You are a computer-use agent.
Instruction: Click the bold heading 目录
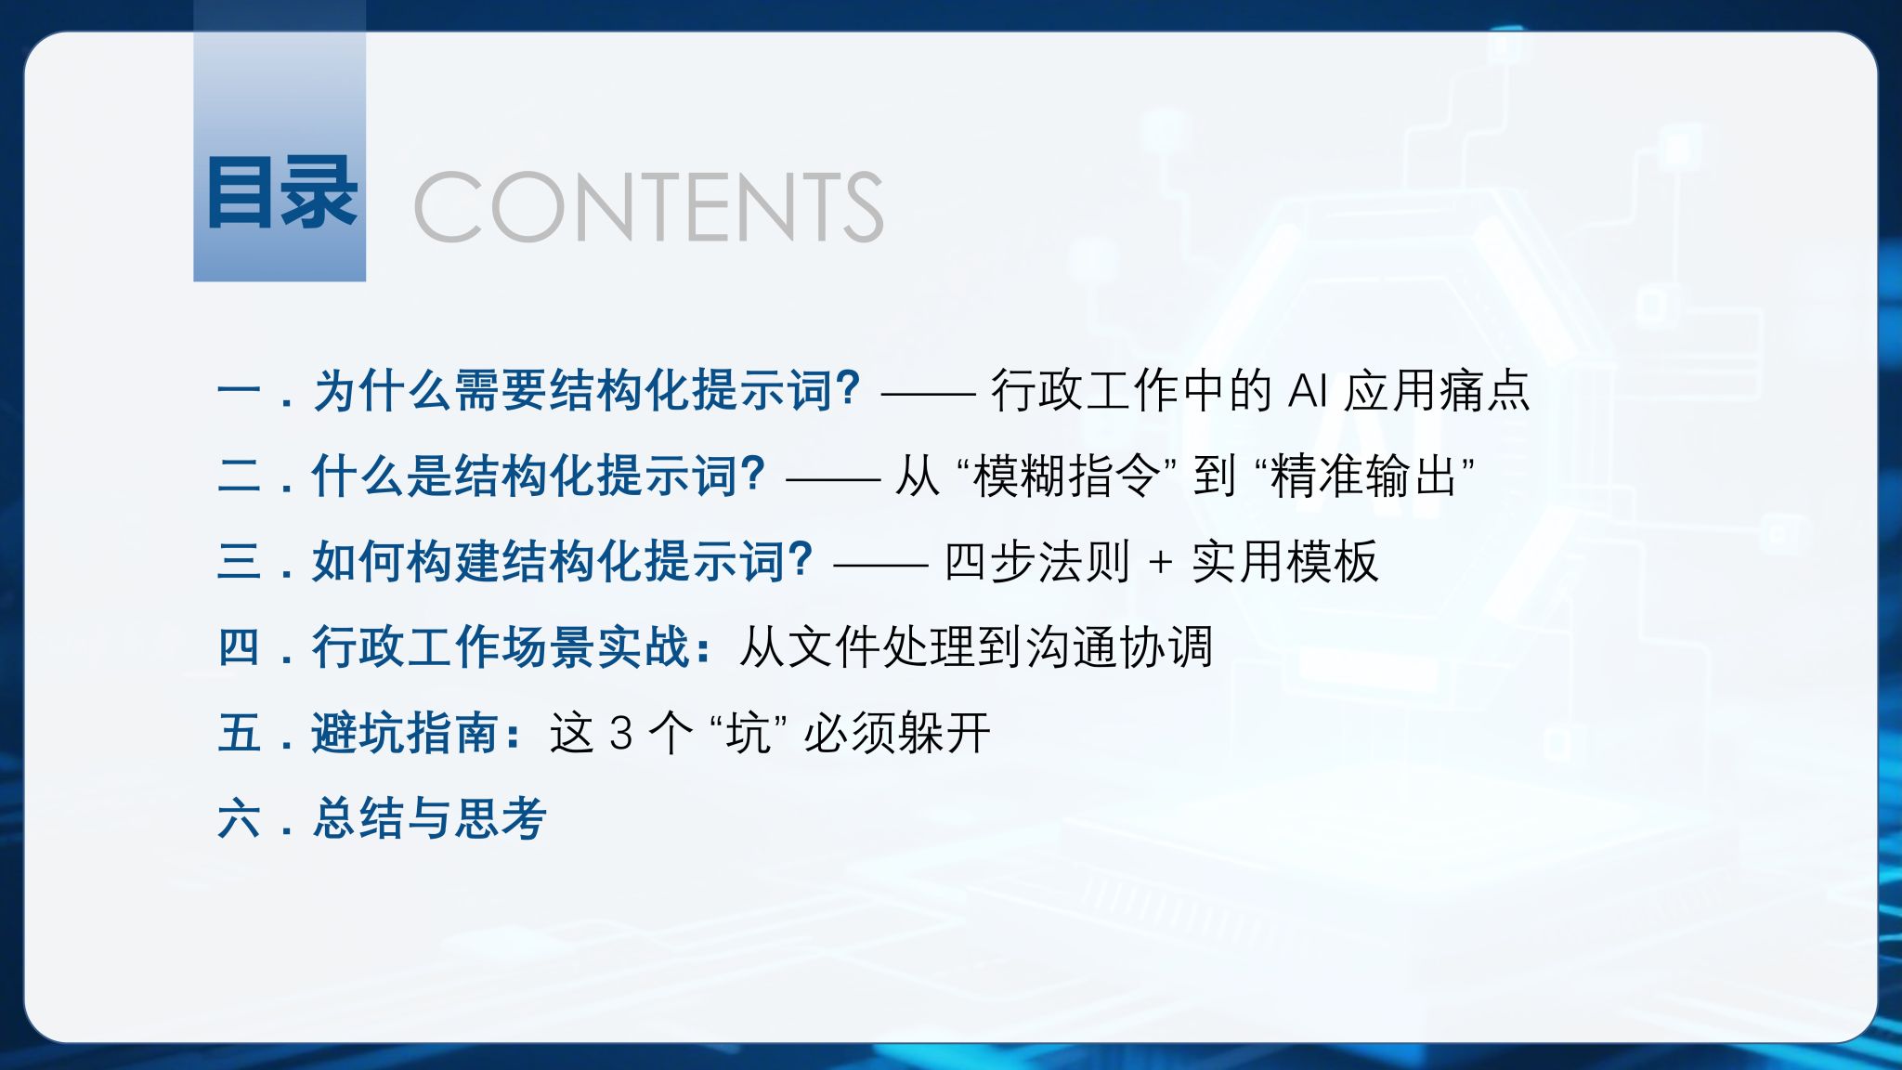(281, 192)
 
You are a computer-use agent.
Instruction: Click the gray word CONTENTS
(648, 206)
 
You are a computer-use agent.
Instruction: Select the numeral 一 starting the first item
(240, 391)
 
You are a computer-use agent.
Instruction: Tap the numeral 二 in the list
(240, 475)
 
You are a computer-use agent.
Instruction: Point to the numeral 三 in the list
(240, 561)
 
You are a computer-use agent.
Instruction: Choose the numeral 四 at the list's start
(240, 646)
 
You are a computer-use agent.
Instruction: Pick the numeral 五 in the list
(240, 732)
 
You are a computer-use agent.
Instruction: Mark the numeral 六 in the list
(240, 818)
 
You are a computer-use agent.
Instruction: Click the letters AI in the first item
(1308, 391)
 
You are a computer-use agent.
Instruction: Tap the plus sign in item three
(1160, 563)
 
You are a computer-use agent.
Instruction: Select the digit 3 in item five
(621, 734)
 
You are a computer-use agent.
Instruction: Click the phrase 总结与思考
(429, 818)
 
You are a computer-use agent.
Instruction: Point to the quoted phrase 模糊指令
(1066, 476)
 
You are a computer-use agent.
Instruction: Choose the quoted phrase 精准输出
(1363, 476)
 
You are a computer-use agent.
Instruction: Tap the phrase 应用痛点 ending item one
(1438, 390)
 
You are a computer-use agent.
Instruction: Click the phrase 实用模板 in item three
(1285, 561)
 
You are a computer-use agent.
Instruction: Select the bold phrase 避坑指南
(405, 733)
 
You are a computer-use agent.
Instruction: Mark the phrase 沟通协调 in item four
(1120, 646)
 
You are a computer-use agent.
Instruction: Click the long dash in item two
(833, 479)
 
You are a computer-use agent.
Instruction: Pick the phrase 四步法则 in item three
(1037, 561)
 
